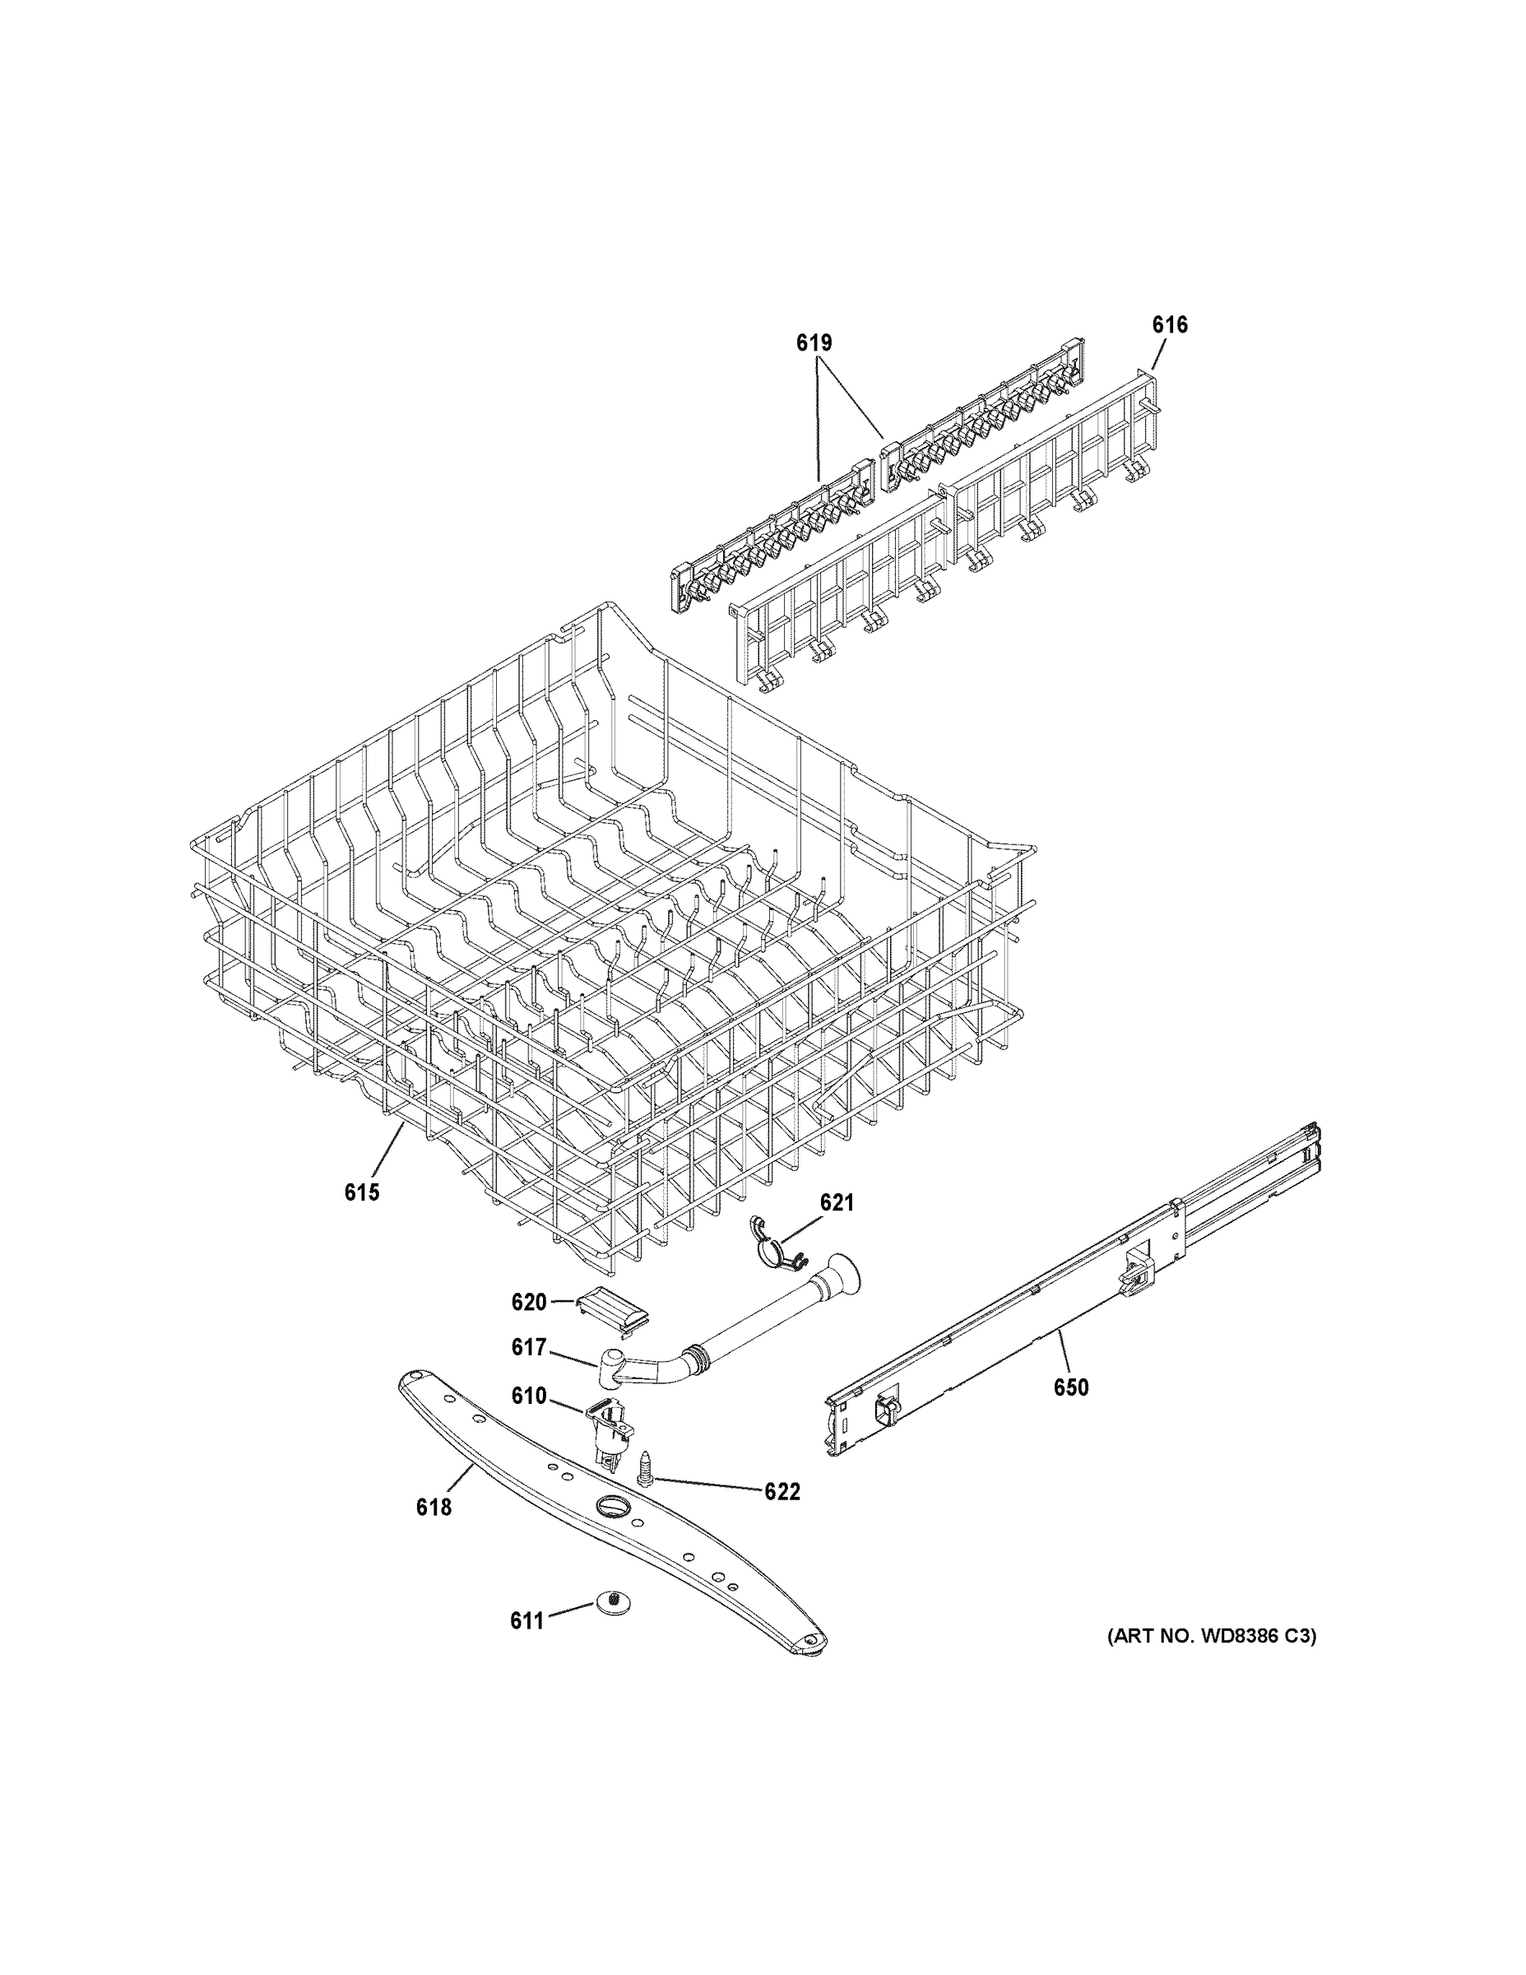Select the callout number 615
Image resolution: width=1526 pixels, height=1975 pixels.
(362, 1192)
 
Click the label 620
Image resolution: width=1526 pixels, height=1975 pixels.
(529, 1302)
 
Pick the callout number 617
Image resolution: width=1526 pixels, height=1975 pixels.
(528, 1373)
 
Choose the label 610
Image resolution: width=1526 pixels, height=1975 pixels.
(528, 1421)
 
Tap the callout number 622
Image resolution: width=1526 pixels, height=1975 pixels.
(782, 1492)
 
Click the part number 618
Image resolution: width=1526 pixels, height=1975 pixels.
(433, 1508)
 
